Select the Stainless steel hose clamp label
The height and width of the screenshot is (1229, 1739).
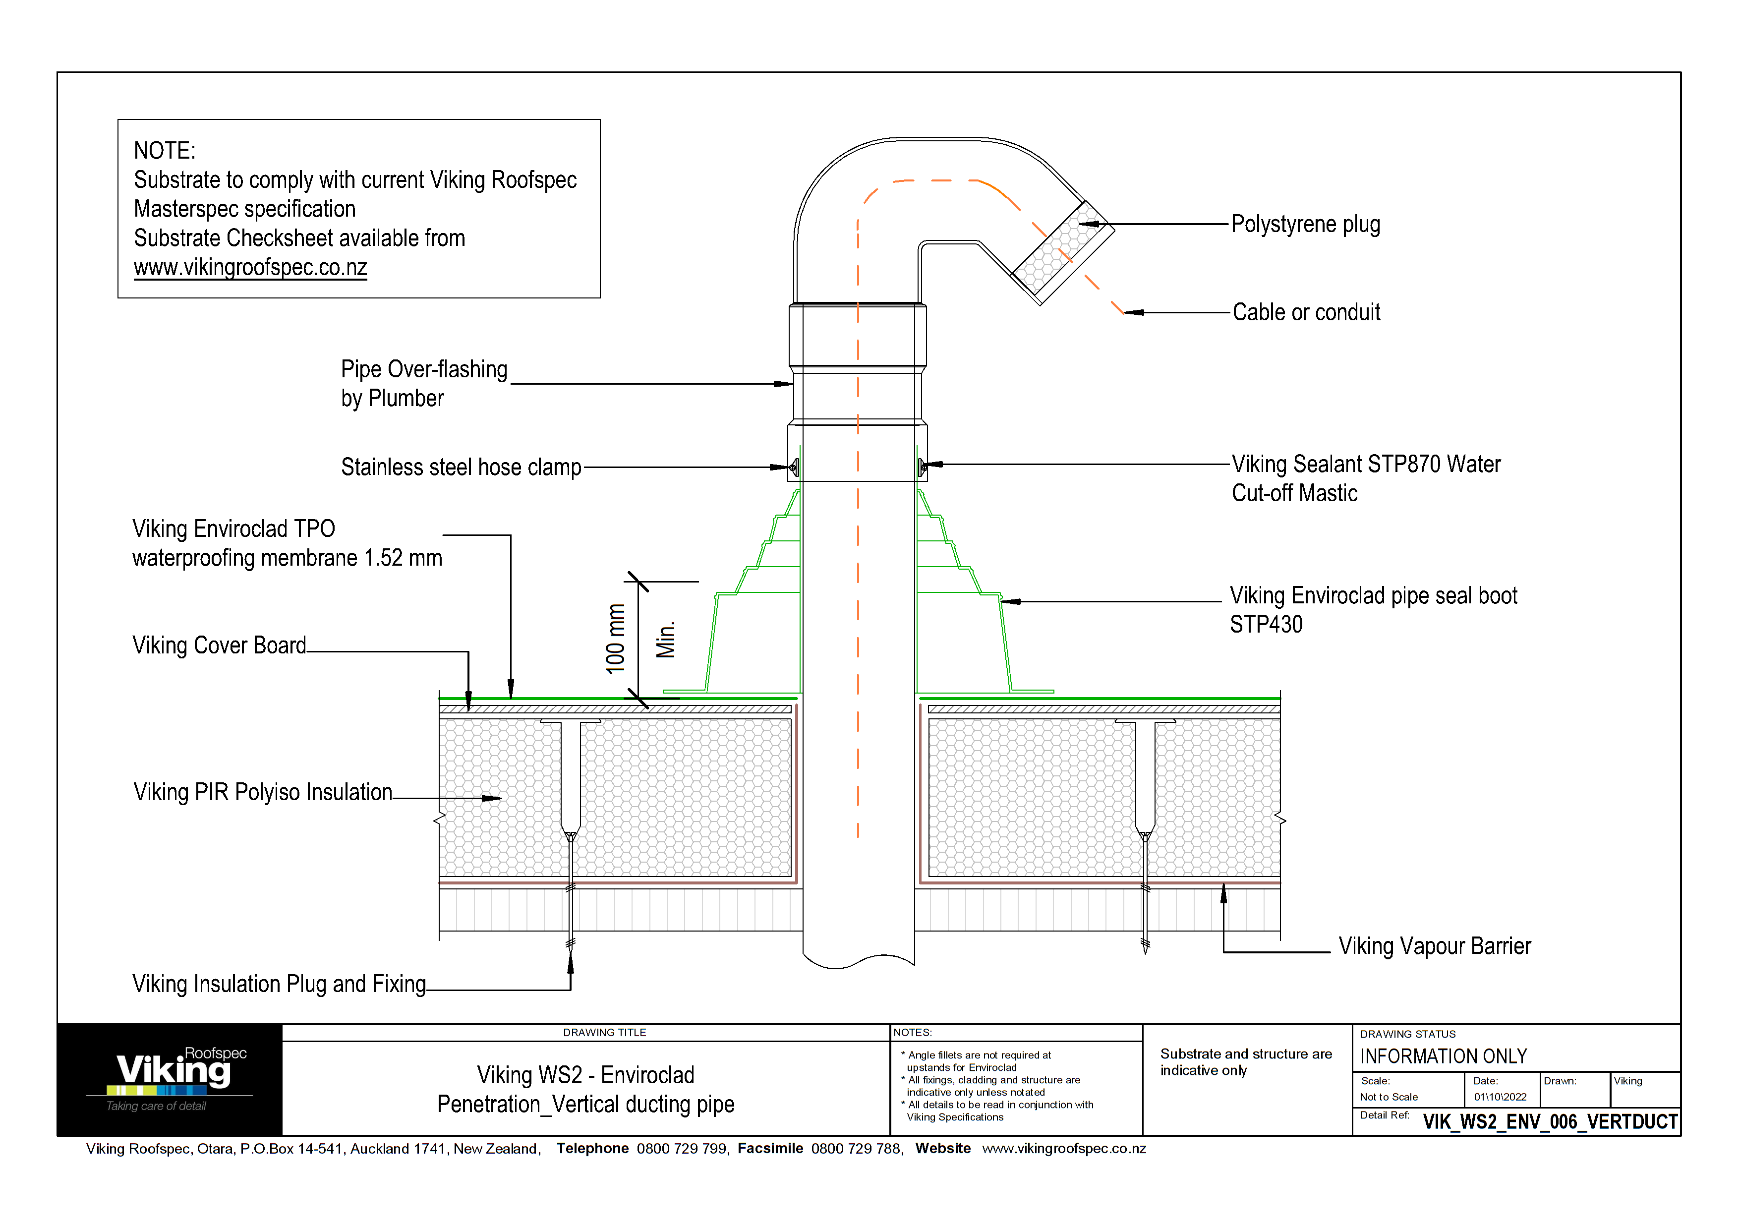pos(461,467)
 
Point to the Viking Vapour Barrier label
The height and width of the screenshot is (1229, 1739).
pos(1434,946)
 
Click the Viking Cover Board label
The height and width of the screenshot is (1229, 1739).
pos(219,645)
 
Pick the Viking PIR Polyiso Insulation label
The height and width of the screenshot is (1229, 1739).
pos(263,792)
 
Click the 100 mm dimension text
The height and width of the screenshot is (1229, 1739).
pos(616,639)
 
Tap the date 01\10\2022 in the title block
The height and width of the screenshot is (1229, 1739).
pos(1500,1097)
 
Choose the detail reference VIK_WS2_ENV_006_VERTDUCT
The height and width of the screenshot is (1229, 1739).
pos(1550,1121)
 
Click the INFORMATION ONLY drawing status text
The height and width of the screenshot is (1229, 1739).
pos(1443,1056)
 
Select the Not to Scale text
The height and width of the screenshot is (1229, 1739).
pos(1389,1097)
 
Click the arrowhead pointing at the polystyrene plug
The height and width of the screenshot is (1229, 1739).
pos(1089,224)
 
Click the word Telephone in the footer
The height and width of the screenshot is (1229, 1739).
pos(592,1148)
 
